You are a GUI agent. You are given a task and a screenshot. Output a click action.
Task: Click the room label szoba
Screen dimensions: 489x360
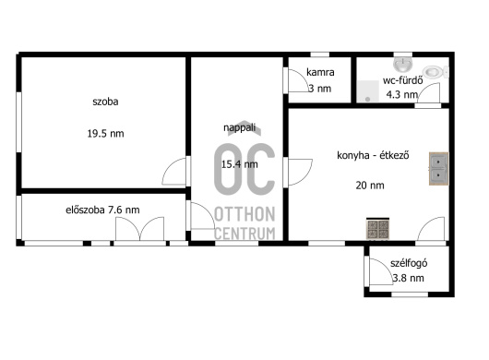pyautogui.click(x=105, y=102)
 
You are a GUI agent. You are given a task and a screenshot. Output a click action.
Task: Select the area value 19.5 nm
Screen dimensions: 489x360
pyautogui.click(x=105, y=134)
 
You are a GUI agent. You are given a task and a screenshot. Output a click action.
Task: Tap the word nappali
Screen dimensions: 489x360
pyautogui.click(x=240, y=127)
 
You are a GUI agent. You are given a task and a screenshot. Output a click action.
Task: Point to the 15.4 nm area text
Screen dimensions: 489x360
pyautogui.click(x=240, y=164)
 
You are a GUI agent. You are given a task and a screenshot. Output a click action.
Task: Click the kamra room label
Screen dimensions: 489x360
pyautogui.click(x=320, y=72)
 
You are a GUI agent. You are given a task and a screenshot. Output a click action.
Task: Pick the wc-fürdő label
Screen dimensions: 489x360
pyautogui.click(x=403, y=80)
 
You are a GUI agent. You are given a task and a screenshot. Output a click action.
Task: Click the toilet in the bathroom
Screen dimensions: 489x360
pyautogui.click(x=436, y=72)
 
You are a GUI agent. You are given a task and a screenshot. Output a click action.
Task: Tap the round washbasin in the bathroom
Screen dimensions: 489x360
pyautogui.click(x=403, y=64)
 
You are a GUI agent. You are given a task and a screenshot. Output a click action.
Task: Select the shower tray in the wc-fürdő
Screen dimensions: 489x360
pyautogui.click(x=368, y=91)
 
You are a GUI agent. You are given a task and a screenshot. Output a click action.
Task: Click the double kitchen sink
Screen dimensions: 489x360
pyautogui.click(x=439, y=169)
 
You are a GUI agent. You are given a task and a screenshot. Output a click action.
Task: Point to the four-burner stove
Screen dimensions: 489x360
pyautogui.click(x=377, y=229)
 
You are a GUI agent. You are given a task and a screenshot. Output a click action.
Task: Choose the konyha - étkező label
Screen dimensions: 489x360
pyautogui.click(x=373, y=155)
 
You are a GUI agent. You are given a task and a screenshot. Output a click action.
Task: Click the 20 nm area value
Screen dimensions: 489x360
pyautogui.click(x=370, y=186)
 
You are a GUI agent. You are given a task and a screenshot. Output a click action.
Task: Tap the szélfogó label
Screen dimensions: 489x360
pyautogui.click(x=409, y=263)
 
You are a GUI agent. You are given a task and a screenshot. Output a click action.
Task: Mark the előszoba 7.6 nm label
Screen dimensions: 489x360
pyautogui.click(x=102, y=210)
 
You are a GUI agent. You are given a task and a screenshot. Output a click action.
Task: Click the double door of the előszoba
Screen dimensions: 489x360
pyautogui.click(x=139, y=229)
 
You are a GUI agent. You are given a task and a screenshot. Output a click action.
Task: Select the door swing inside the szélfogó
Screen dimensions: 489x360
pyautogui.click(x=381, y=271)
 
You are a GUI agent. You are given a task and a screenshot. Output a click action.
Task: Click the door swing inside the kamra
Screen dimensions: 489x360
pyautogui.click(x=298, y=80)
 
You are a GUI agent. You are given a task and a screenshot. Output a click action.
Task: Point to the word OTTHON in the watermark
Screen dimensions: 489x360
pyautogui.click(x=244, y=214)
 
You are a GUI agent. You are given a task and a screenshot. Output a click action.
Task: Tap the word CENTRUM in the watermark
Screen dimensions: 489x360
pyautogui.click(x=244, y=234)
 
